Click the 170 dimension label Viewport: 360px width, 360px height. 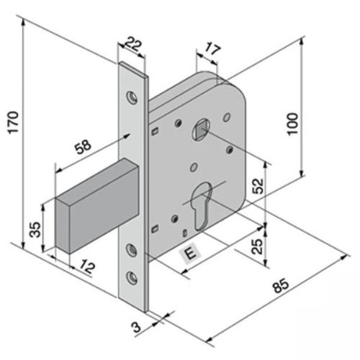14,122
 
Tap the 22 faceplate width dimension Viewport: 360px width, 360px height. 134,44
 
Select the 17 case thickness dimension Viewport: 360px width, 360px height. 212,49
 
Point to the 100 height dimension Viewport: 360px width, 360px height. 293,124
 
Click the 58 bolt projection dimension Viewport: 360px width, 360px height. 83,147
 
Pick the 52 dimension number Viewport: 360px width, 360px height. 258,186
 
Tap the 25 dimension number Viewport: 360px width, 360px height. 257,246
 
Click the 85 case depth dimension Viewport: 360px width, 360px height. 281,285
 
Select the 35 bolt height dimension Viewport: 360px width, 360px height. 35,230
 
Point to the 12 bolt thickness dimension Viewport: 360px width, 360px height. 87,266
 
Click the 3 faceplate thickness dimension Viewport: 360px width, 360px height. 136,327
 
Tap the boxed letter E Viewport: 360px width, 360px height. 191,253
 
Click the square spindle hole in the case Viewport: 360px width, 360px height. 201,130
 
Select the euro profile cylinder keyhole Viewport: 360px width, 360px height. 202,206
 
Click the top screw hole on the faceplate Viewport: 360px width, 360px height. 132,98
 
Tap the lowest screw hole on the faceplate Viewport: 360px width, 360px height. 132,278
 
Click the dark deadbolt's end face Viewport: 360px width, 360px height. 63,225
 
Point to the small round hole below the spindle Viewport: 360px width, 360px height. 194,167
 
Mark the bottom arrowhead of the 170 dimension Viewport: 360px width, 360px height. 23,246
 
